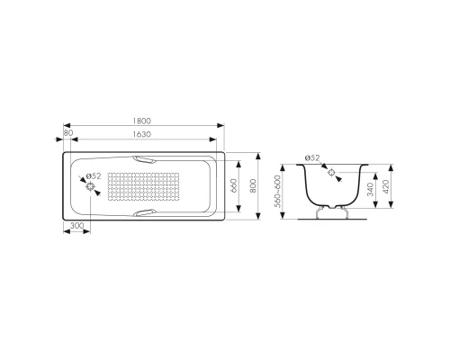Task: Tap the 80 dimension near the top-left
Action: click(x=68, y=134)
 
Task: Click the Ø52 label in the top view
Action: click(x=93, y=176)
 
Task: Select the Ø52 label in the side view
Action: click(x=312, y=158)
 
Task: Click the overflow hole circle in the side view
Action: click(x=332, y=171)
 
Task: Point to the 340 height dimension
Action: click(x=370, y=191)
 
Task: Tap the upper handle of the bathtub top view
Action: click(x=145, y=158)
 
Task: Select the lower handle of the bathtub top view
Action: click(x=145, y=213)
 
